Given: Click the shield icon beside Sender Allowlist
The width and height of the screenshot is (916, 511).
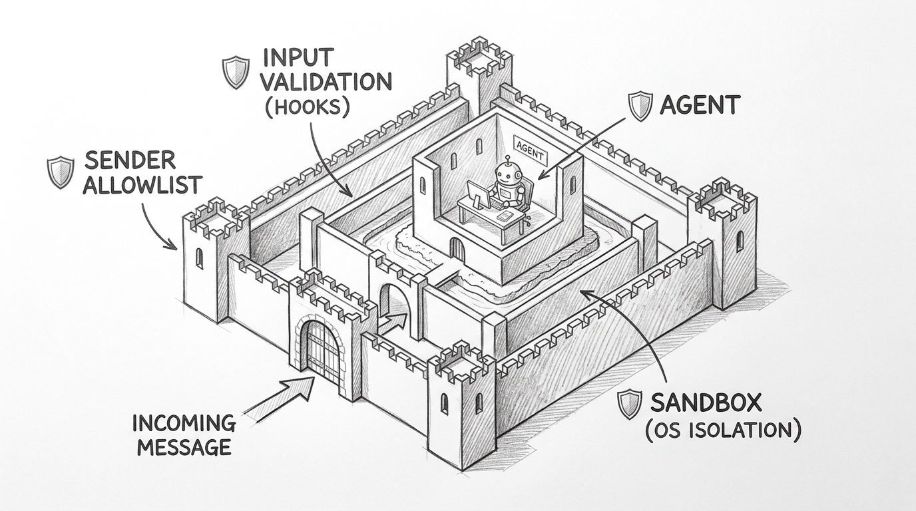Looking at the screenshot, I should click(61, 172).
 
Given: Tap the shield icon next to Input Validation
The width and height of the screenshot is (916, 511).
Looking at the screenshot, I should click(235, 73).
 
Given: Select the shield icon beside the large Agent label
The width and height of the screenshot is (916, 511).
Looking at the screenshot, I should click(640, 106).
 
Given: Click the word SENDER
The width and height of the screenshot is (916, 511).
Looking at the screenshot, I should click(130, 161).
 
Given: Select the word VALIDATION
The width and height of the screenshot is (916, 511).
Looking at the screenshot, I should click(326, 82).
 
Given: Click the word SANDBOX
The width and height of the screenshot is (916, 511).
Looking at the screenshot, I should click(706, 403).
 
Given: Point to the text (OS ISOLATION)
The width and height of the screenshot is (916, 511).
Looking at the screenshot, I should click(722, 430).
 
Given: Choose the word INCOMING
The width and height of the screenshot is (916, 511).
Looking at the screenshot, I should click(184, 423).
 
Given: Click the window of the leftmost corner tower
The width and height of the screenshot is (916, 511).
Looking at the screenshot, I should click(199, 258).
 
